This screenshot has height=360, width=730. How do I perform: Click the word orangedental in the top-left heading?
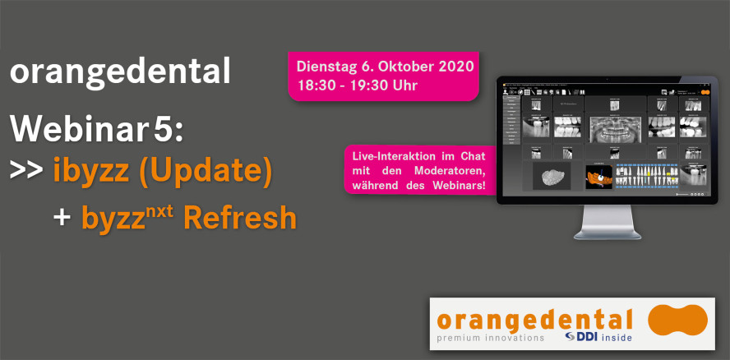pos(120,73)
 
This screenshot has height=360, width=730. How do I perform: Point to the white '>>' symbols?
pos(26,171)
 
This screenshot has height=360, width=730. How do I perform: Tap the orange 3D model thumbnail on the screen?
pos(598,174)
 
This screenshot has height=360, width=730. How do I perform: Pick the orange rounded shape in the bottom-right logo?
pos(677,321)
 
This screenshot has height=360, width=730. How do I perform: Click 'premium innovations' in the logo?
pos(490,338)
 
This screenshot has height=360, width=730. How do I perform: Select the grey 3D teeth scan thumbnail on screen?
pos(551,174)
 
